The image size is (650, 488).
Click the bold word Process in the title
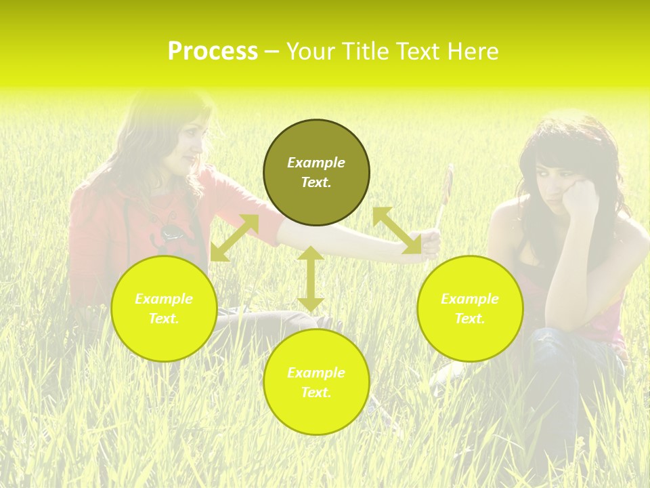[213, 52]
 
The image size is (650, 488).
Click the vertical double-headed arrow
[311, 279]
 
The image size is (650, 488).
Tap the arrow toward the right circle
[397, 230]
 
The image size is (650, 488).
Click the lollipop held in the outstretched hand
[447, 184]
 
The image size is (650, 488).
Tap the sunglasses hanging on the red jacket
[171, 232]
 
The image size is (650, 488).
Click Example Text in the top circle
[316, 172]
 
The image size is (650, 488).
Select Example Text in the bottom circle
[316, 382]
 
